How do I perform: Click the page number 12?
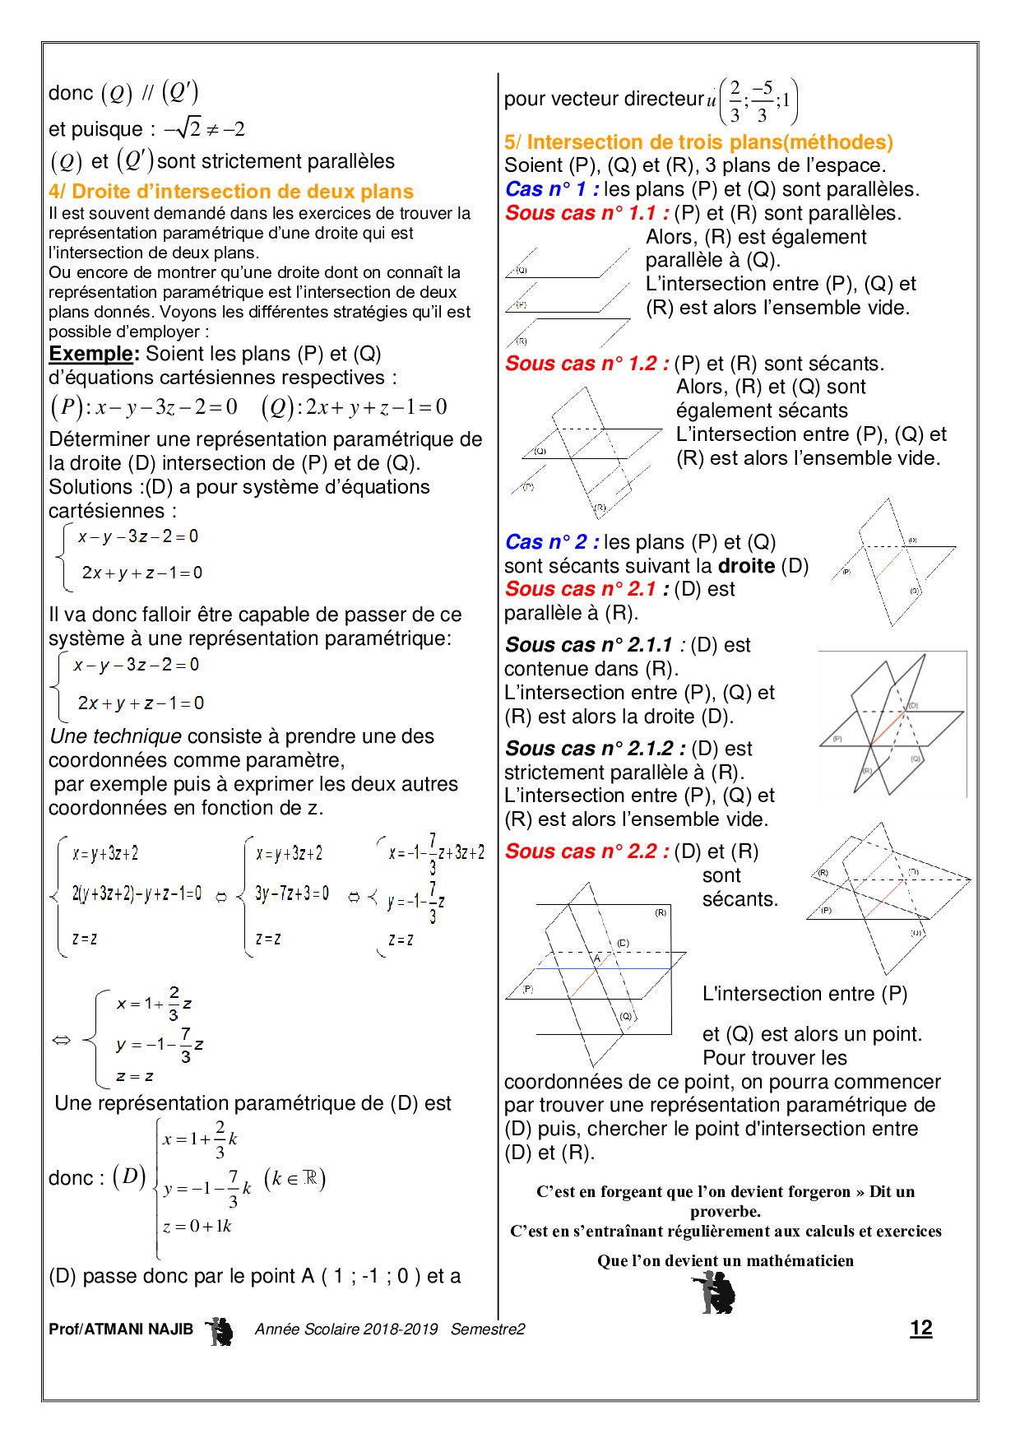[920, 1328]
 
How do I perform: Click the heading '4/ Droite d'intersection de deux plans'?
[231, 192]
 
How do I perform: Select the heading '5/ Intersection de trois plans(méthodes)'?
[698, 142]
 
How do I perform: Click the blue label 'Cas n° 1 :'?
[552, 189]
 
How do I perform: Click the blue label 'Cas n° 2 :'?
[552, 542]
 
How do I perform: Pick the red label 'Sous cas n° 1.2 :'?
[586, 364]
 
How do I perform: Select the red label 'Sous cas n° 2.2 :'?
[586, 851]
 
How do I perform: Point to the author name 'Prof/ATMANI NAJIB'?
[121, 1329]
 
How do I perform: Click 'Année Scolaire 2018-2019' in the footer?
[346, 1329]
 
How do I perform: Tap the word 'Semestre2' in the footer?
[487, 1329]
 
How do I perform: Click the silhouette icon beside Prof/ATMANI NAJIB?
[220, 1330]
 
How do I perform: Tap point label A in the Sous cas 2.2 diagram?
[597, 958]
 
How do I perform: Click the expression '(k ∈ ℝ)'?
[294, 1179]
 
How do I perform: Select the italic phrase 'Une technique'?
[116, 736]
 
